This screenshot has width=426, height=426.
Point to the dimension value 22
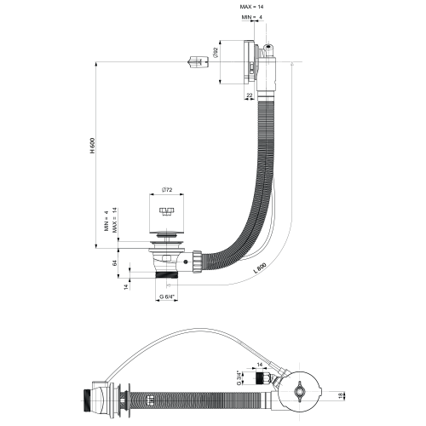249,95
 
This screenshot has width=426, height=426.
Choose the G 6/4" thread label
166,296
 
